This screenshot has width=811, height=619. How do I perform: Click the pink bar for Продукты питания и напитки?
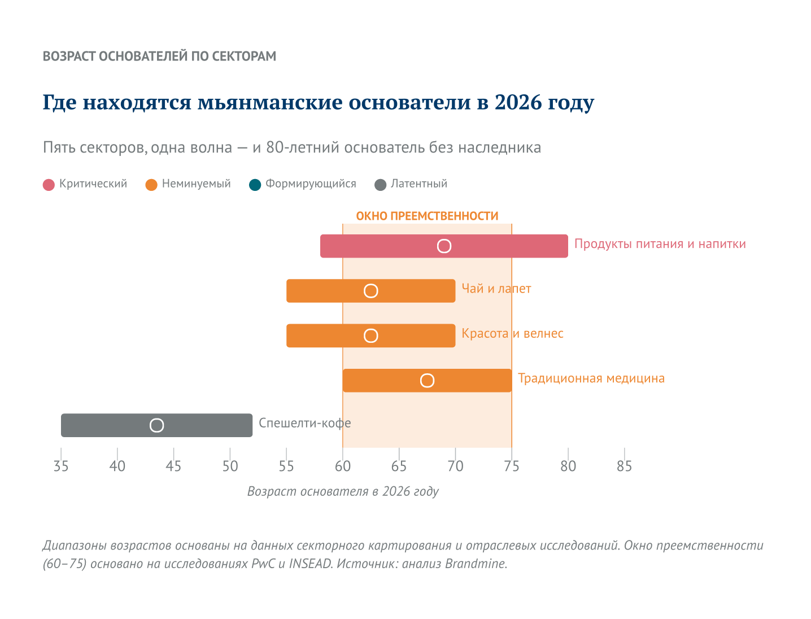(x=384, y=246)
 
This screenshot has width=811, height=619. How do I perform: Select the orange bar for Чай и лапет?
(x=328, y=291)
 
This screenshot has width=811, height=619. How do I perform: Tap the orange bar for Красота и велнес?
(x=328, y=335)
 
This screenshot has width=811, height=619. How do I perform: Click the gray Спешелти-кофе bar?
(x=209, y=425)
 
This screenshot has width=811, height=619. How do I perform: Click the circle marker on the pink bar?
(x=444, y=246)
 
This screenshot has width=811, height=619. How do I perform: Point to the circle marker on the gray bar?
(x=157, y=425)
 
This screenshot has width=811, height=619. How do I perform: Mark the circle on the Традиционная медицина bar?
(x=428, y=381)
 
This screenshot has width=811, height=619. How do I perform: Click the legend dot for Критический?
(x=49, y=185)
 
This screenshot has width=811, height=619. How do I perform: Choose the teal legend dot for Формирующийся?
(x=255, y=185)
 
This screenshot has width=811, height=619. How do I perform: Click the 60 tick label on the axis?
(x=343, y=467)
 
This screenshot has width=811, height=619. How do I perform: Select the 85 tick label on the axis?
(x=624, y=467)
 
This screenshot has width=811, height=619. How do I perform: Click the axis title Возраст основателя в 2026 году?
(x=343, y=491)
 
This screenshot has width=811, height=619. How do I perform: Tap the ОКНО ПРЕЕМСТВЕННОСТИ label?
(x=427, y=216)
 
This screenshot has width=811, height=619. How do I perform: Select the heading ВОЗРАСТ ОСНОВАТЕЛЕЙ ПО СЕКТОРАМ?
(x=159, y=56)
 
